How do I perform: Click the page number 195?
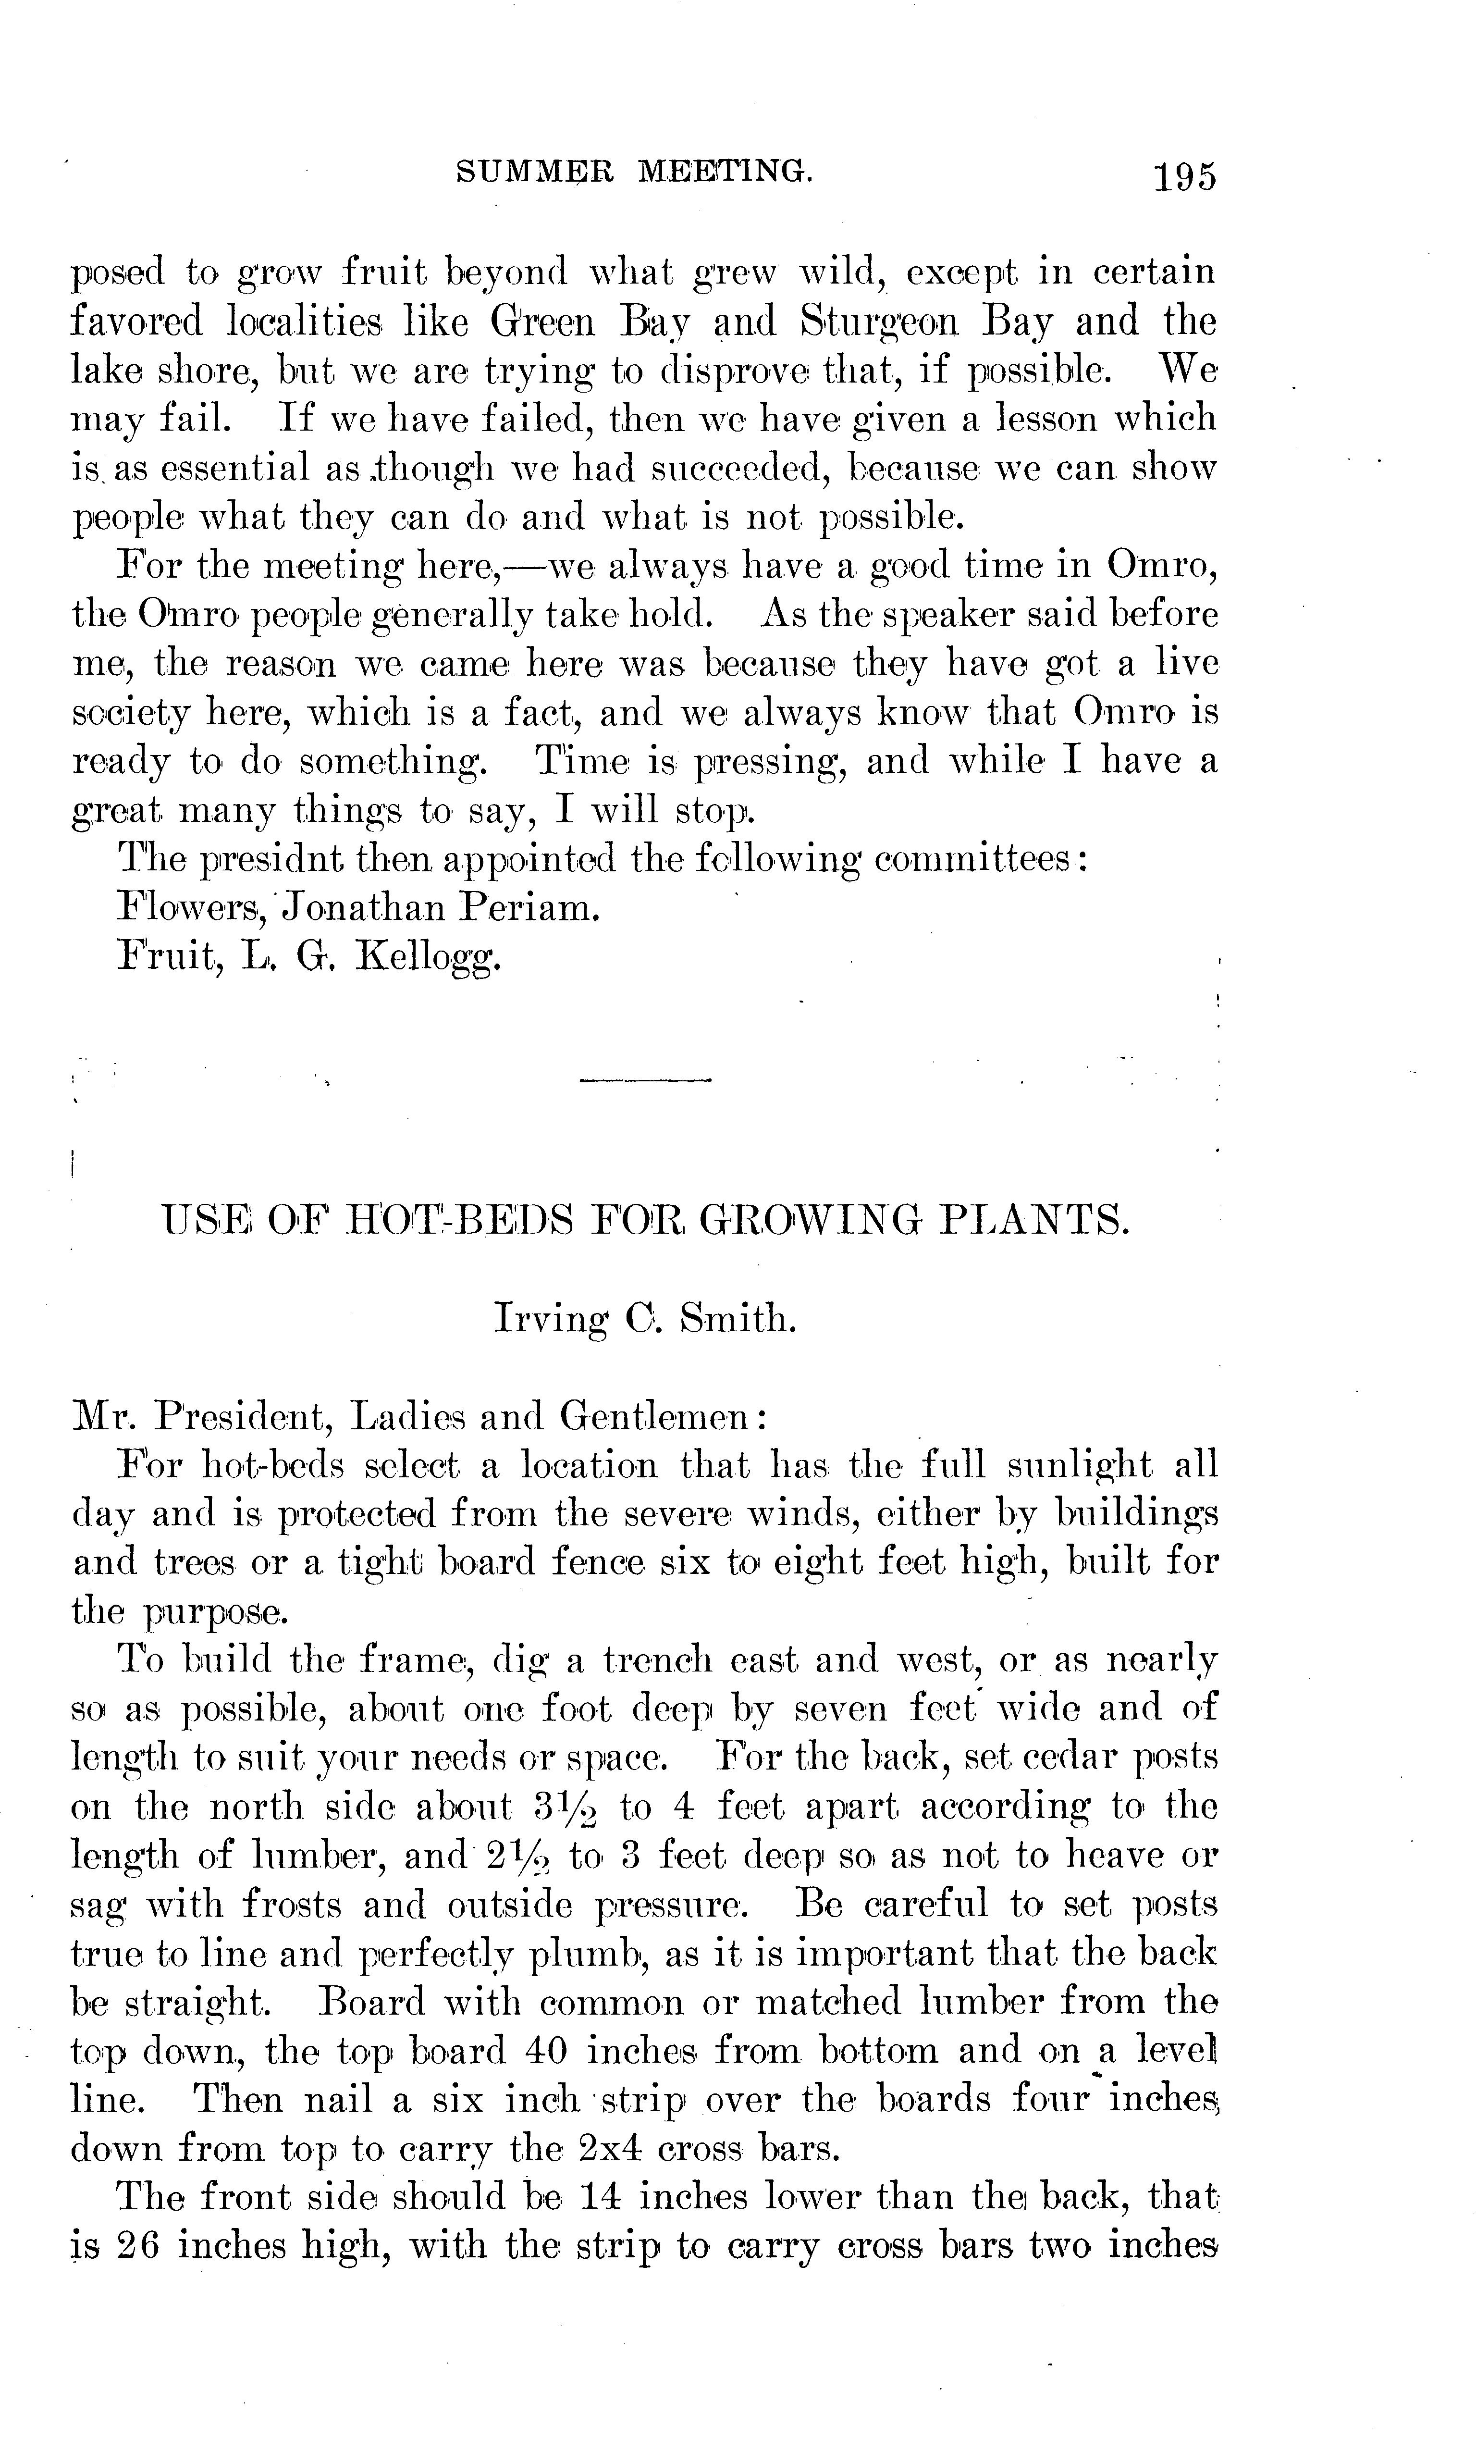click(x=1184, y=177)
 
